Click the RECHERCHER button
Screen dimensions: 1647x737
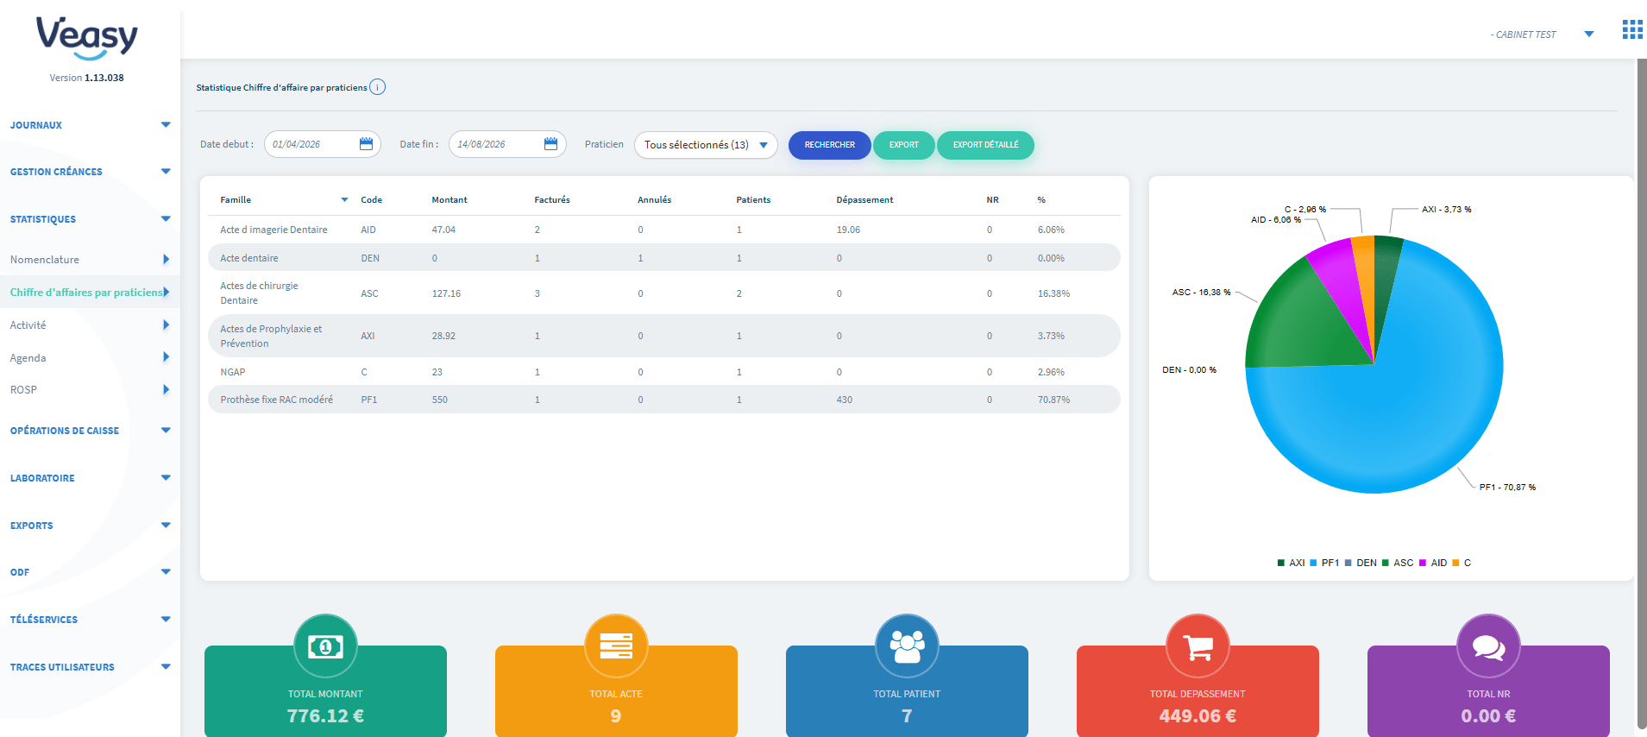[x=829, y=145]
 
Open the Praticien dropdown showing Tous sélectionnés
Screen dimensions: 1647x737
[x=706, y=145]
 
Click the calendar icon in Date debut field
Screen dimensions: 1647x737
[x=366, y=144]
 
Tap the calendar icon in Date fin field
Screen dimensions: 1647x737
[x=550, y=144]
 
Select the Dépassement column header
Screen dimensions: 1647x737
[x=864, y=199]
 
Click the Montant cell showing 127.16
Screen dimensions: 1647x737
[x=446, y=293]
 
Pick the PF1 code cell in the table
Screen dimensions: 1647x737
[x=368, y=400]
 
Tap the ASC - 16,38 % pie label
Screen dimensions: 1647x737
[x=1201, y=293]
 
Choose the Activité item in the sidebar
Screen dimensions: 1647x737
[x=28, y=325]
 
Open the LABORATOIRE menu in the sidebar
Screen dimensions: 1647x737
[x=42, y=478]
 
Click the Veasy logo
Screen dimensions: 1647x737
[x=86, y=39]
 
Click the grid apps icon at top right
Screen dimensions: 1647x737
[x=1632, y=29]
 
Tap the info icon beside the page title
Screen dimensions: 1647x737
[x=377, y=87]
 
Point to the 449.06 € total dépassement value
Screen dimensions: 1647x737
[x=1198, y=715]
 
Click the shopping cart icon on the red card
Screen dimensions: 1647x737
[x=1198, y=646]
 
